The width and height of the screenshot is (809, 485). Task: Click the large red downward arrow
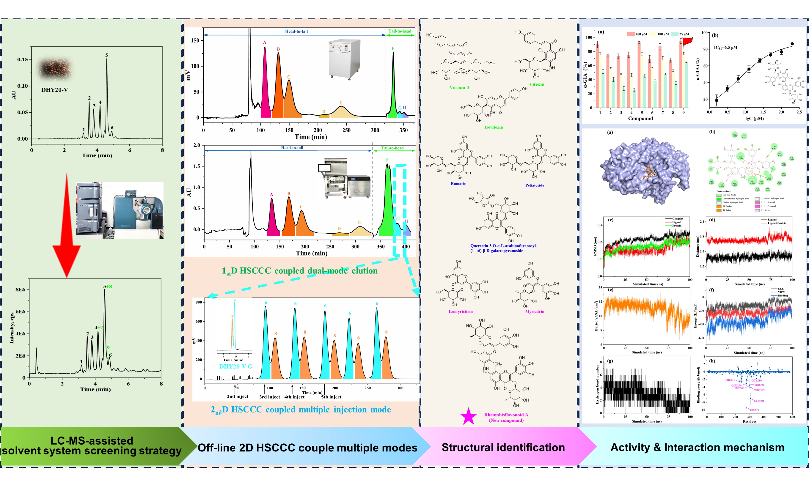[x=67, y=235]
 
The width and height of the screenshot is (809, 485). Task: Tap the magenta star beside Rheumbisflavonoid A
[x=468, y=416]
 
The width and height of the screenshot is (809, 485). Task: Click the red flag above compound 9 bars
[x=687, y=42]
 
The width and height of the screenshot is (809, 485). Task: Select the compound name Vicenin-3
[x=459, y=88]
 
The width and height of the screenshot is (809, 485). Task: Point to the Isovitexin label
[x=493, y=127]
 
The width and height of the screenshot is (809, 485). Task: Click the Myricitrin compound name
[x=535, y=311]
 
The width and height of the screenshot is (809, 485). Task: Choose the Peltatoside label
[x=535, y=185]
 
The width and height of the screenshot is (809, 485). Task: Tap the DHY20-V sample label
[x=55, y=90]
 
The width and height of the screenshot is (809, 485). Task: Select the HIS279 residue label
[x=754, y=410]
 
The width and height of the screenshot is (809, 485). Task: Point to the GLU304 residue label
[x=759, y=401]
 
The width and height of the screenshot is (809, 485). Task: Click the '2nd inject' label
[x=237, y=396]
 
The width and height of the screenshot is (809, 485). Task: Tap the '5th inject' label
[x=331, y=397]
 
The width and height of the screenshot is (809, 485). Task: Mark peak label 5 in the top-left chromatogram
[x=106, y=55]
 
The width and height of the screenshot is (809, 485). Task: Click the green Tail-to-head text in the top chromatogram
[x=400, y=32]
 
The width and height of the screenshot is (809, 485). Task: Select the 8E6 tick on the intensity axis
[x=20, y=289]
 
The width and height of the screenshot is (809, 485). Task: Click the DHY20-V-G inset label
[x=236, y=366]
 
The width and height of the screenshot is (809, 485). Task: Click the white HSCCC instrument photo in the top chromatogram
[x=344, y=59]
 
